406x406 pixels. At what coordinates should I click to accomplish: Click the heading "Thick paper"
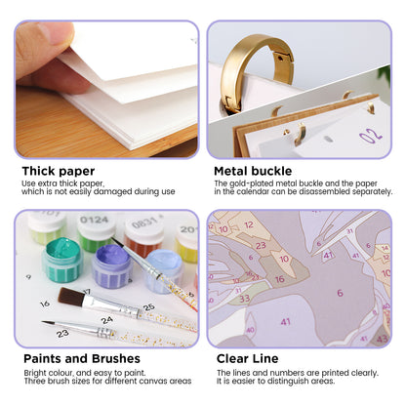pos(59,171)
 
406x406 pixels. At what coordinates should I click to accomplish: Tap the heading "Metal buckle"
pos(253,171)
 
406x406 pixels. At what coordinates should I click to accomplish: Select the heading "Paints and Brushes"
pos(82,358)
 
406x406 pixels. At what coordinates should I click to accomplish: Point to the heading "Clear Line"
pos(247,358)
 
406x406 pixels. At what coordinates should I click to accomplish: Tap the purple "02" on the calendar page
pos(371,135)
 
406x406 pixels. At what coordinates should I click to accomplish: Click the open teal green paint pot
pos(62,260)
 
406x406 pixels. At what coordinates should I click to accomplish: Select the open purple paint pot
pos(112,266)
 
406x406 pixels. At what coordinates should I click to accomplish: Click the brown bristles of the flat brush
pos(71,297)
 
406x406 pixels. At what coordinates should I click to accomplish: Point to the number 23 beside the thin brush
pos(62,334)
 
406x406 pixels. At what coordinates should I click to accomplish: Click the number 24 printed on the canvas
pos(106,320)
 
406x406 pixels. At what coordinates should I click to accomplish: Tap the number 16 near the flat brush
pos(45,304)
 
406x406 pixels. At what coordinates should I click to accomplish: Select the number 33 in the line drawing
pos(244,299)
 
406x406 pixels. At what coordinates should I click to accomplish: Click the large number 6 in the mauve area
pos(340,293)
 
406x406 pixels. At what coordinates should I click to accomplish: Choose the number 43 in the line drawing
pos(382,340)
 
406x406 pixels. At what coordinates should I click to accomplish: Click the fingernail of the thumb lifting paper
pos(56,33)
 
